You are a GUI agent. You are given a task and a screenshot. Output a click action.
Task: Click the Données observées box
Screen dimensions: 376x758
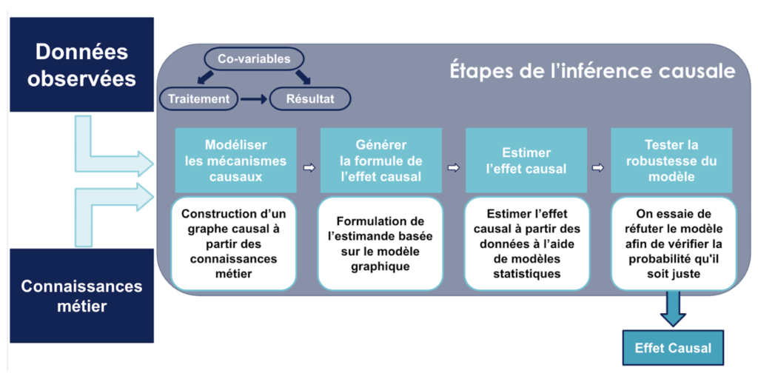pos(81,64)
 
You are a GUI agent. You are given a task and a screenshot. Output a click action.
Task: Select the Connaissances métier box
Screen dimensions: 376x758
pos(81,295)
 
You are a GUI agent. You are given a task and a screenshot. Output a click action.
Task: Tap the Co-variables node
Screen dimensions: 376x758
pos(254,59)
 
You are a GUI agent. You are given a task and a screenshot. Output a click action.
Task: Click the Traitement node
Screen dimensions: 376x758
pos(199,98)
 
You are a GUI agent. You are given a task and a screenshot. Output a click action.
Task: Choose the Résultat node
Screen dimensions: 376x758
pos(309,98)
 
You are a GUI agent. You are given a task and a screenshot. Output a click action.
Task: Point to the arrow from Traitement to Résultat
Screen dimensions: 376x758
pos(253,98)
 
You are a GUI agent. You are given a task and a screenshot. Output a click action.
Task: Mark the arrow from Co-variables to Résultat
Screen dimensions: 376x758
pos(303,76)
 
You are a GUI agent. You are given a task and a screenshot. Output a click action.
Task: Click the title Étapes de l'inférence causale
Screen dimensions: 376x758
pos(591,72)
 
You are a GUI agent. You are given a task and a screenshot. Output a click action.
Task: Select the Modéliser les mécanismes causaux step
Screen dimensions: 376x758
pos(236,161)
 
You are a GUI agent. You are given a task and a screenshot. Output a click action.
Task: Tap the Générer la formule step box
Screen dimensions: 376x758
pos(380,161)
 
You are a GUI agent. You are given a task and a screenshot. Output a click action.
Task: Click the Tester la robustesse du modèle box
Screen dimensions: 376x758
pos(671,161)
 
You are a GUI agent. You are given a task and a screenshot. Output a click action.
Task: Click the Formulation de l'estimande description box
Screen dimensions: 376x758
pos(380,244)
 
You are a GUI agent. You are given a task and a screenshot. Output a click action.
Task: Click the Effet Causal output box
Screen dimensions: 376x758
pos(673,348)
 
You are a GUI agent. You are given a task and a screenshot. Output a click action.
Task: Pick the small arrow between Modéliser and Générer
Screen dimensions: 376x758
pos(309,168)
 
